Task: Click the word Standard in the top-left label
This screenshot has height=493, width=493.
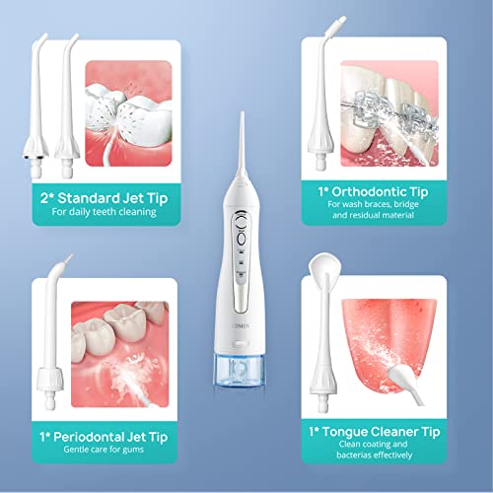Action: tap(89, 198)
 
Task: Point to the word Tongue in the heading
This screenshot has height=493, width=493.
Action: tap(347, 433)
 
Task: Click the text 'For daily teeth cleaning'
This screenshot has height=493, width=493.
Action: tap(104, 212)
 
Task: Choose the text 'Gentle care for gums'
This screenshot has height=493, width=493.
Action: tap(104, 450)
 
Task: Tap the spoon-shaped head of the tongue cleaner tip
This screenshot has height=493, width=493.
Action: tap(324, 267)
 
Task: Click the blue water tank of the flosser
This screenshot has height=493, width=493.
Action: tap(239, 370)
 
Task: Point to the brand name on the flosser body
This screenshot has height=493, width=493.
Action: tap(240, 325)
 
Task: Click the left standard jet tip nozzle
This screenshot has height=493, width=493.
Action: tap(35, 106)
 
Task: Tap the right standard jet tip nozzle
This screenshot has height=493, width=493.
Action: tap(67, 106)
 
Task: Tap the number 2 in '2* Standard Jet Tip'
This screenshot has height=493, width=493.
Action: tap(44, 198)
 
